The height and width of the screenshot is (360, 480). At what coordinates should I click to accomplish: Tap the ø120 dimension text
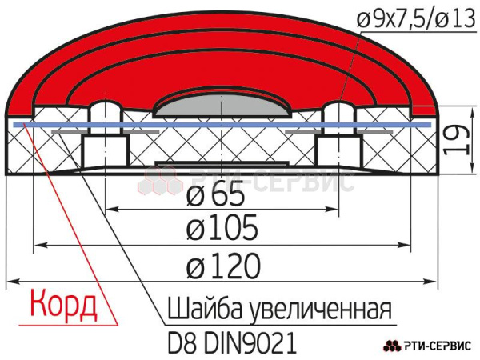pos(224,264)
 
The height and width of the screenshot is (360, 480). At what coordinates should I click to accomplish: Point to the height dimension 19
pos(459,142)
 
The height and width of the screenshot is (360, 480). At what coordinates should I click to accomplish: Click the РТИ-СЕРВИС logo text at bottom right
pos(438,346)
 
